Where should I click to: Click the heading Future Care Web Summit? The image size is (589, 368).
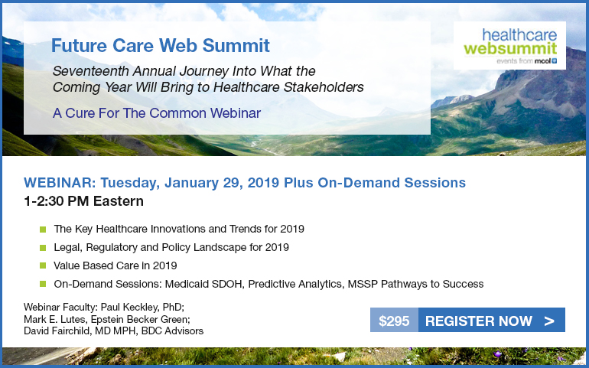(161, 45)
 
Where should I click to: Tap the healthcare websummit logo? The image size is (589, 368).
(509, 45)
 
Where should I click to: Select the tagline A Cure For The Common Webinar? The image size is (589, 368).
(157, 113)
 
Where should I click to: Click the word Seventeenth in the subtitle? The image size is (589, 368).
(90, 70)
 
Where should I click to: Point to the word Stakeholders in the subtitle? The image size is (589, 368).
(324, 86)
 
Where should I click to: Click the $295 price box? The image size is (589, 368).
(394, 321)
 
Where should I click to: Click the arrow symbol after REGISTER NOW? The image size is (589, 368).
(548, 321)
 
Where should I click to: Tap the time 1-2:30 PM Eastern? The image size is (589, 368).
(83, 201)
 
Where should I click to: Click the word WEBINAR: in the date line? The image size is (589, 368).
(60, 183)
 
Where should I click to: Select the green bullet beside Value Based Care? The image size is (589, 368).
(43, 265)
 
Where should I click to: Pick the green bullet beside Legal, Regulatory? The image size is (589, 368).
(43, 247)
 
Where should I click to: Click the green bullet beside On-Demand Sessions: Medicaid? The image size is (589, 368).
(43, 284)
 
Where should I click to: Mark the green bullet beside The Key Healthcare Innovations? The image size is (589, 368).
(43, 229)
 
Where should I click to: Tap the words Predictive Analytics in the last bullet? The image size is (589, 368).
(295, 284)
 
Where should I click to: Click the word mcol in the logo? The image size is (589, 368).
(543, 61)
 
